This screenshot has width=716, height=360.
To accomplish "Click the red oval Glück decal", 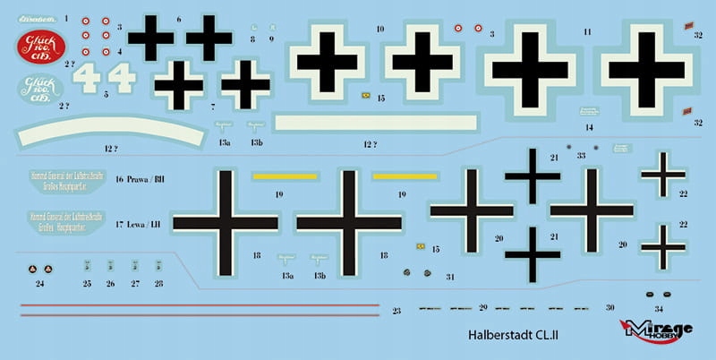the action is click(x=41, y=46).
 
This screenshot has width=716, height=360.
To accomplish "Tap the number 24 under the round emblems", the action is click(x=39, y=284).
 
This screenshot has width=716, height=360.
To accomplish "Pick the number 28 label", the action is click(x=158, y=284).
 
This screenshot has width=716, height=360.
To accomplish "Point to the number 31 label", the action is click(x=450, y=276).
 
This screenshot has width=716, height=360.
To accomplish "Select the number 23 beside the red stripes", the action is click(x=396, y=310).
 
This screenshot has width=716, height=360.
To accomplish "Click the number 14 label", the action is click(x=589, y=127).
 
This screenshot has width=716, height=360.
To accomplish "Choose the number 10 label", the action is click(x=380, y=30).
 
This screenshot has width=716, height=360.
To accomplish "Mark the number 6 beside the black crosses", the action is click(x=179, y=18).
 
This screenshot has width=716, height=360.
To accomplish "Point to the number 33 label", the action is click(x=581, y=155).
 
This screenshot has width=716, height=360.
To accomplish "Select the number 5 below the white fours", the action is click(x=106, y=94).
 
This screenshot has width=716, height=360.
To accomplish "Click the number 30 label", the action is click(x=609, y=307).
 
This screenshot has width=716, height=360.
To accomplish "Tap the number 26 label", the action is click(x=110, y=284).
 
